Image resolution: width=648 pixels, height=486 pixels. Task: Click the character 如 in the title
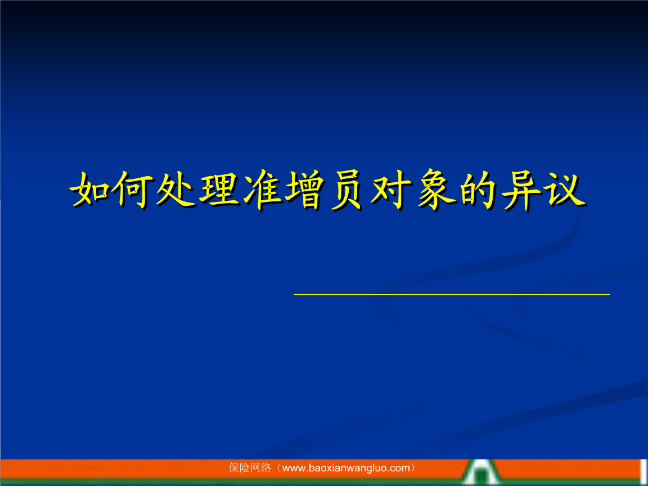point(90,189)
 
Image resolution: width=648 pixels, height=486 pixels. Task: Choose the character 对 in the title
point(391,190)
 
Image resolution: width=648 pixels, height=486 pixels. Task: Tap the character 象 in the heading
point(436,190)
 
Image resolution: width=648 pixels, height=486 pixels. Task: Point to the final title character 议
point(565,190)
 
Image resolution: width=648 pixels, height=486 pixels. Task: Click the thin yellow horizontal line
point(452,294)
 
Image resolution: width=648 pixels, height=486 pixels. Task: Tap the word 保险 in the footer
point(240,468)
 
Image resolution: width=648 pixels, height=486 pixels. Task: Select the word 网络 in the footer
point(261,468)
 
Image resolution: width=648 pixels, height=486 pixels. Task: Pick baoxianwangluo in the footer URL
point(348,469)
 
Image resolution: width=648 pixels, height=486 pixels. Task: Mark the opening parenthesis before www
point(279,468)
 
